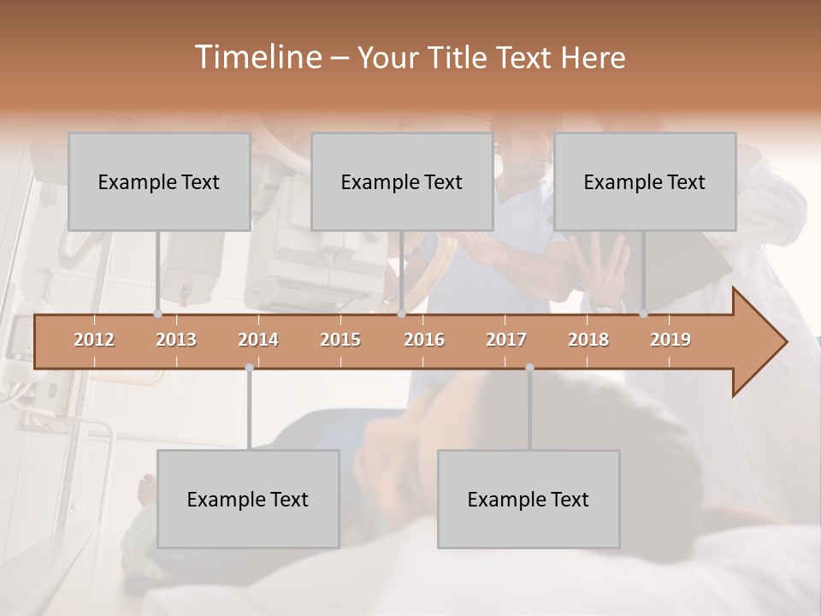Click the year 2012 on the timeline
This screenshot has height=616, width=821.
tap(94, 340)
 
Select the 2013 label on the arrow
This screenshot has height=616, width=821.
tap(176, 340)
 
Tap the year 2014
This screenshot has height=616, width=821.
tap(258, 340)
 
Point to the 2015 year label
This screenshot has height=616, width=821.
tap(340, 340)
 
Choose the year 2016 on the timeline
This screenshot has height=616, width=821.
tap(424, 340)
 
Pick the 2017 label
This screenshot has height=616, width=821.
tap(506, 340)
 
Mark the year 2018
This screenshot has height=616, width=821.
tap(588, 340)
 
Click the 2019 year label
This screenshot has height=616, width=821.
tap(670, 340)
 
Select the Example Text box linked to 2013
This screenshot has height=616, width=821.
tap(159, 181)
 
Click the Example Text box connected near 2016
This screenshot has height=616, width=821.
tap(402, 181)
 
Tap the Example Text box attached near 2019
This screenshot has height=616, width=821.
tap(645, 181)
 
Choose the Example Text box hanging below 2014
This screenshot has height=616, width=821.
tap(248, 499)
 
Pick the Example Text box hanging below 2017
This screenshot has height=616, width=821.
tap(529, 499)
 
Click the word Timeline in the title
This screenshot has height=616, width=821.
tap(257, 57)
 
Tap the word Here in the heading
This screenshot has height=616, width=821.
tap(593, 58)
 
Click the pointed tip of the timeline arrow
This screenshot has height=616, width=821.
tap(785, 341)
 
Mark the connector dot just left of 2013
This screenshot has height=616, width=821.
tap(157, 313)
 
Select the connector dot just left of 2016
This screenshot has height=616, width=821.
tap(401, 313)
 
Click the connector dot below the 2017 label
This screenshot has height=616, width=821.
tap(529, 367)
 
